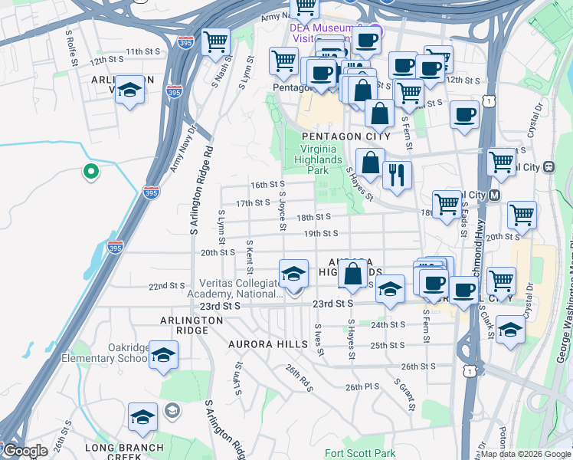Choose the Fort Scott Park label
(360, 453)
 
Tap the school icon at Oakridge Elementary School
(163, 355)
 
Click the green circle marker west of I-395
(90, 172)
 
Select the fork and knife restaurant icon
(397, 176)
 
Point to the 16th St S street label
(268, 185)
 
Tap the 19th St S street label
(320, 233)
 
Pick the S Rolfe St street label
(72, 46)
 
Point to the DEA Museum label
(316, 28)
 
